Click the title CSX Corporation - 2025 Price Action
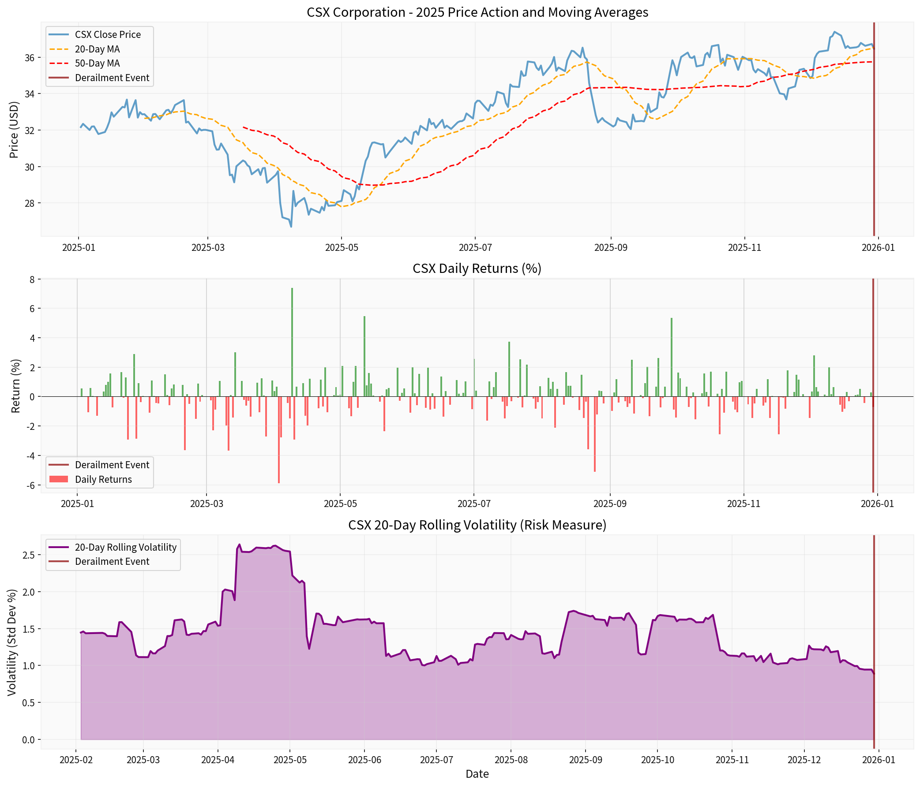(477, 12)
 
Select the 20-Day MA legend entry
(97, 49)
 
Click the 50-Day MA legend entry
(97, 63)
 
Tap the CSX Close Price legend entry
(108, 34)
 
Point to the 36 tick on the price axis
(32, 58)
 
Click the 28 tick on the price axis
(32, 203)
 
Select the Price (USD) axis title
(14, 130)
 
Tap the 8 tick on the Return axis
(32, 279)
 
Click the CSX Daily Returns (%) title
(477, 269)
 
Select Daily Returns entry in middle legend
(103, 480)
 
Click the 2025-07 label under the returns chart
(474, 504)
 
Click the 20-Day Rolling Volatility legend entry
(126, 548)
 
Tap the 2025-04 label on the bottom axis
(218, 760)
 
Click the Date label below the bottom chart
(477, 774)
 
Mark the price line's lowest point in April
(291, 227)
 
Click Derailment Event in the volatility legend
(112, 562)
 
